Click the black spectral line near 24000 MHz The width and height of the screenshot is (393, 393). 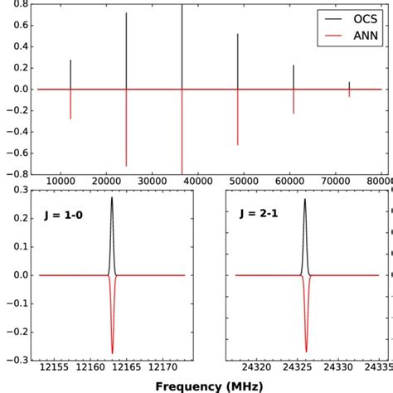(x=126, y=50)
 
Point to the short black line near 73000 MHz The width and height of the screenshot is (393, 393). (x=349, y=85)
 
